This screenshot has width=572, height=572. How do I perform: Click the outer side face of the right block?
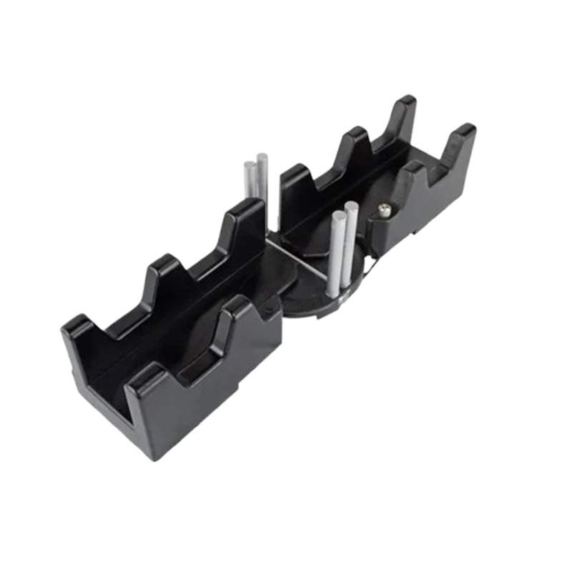coord(436,207)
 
